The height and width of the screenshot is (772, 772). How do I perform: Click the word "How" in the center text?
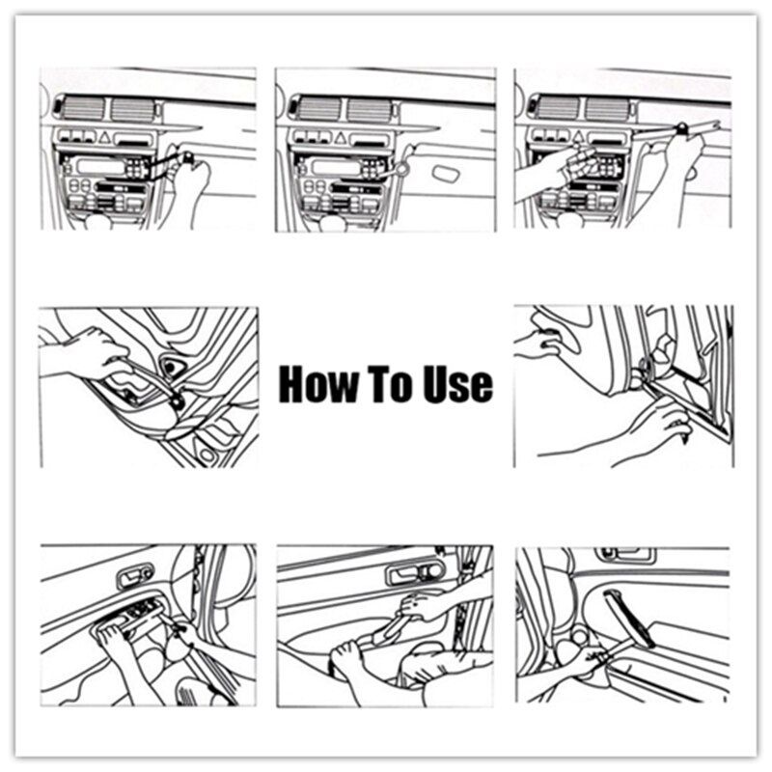[314, 384]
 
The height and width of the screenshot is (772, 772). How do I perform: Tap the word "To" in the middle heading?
[387, 384]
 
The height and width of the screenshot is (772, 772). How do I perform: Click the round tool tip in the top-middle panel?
[399, 169]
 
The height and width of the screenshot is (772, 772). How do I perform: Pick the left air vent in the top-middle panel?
[316, 108]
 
